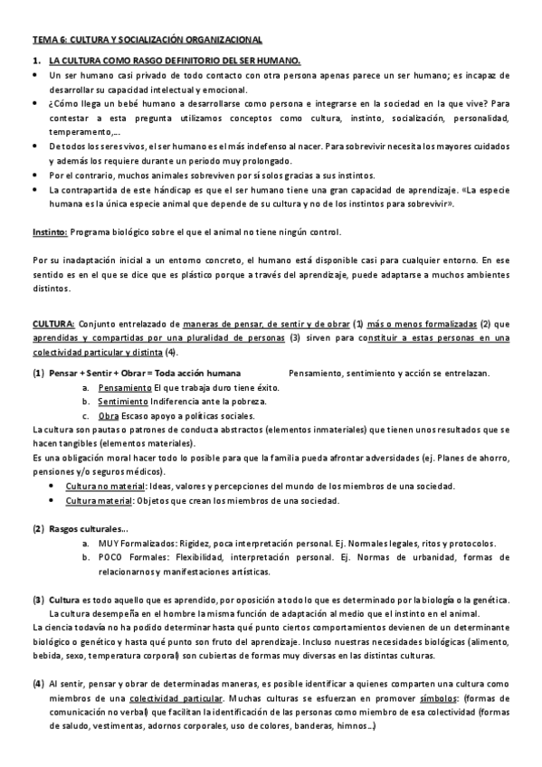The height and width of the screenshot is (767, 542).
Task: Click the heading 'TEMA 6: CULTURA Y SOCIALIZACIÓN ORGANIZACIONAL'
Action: (x=147, y=41)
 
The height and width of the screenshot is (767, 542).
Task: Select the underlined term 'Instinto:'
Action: (x=50, y=232)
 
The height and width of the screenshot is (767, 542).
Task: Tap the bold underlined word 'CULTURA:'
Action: (x=53, y=324)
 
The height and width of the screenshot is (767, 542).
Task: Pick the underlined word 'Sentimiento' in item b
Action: (x=124, y=402)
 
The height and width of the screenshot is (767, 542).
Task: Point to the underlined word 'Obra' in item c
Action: (x=109, y=416)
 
